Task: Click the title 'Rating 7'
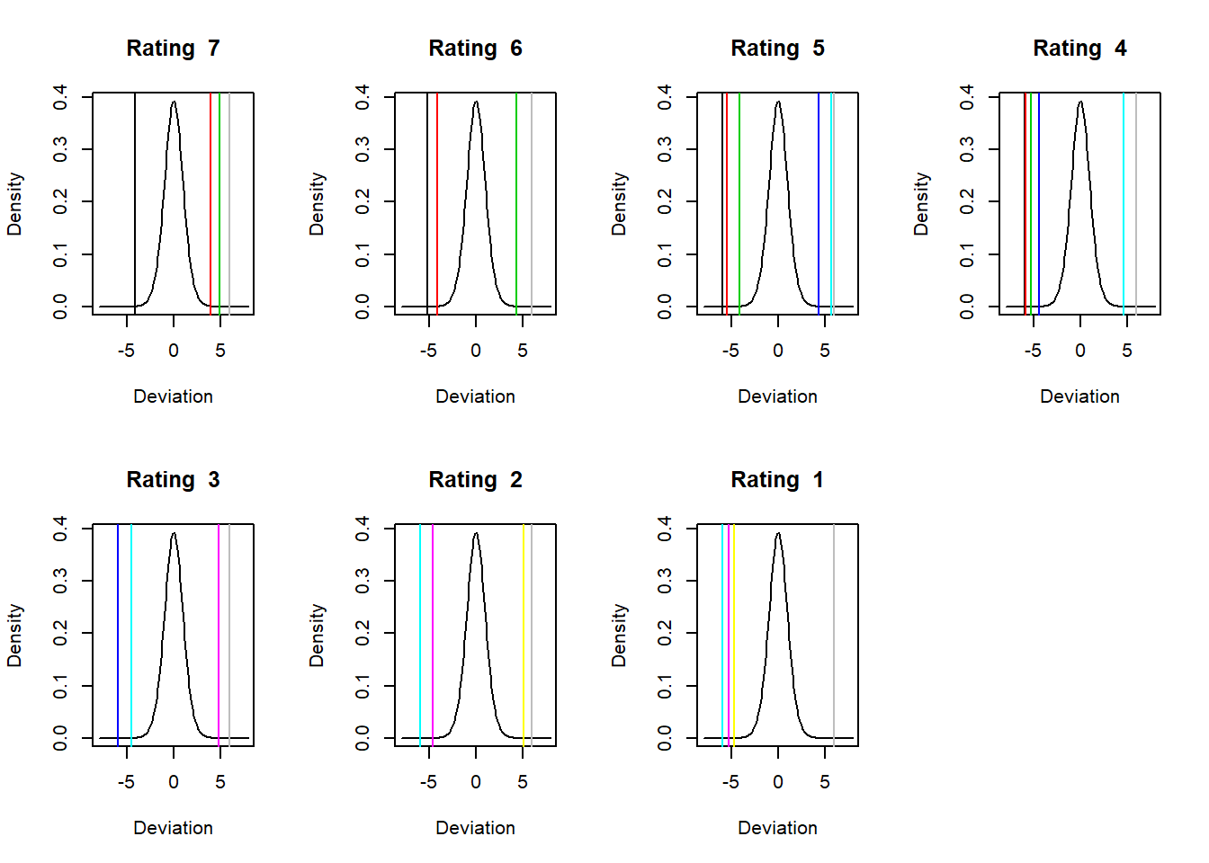pos(173,49)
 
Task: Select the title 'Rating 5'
pos(777,49)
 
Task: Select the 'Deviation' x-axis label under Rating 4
pos(1079,396)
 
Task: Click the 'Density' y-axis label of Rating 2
pos(317,635)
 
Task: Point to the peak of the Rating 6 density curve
pos(476,102)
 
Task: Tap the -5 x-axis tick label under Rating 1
pos(730,782)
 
